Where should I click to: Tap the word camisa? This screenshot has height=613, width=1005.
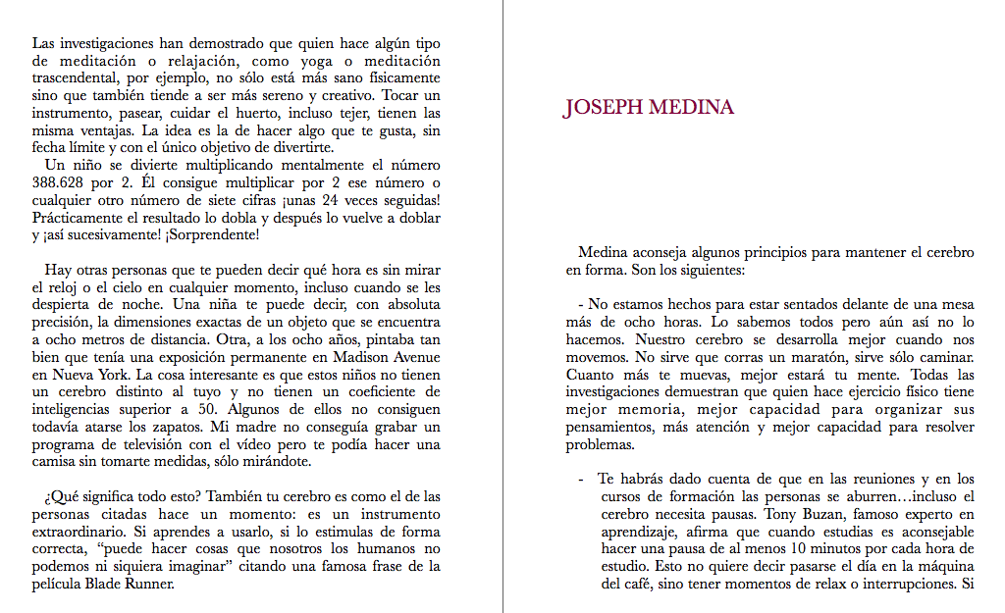pos(55,462)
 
